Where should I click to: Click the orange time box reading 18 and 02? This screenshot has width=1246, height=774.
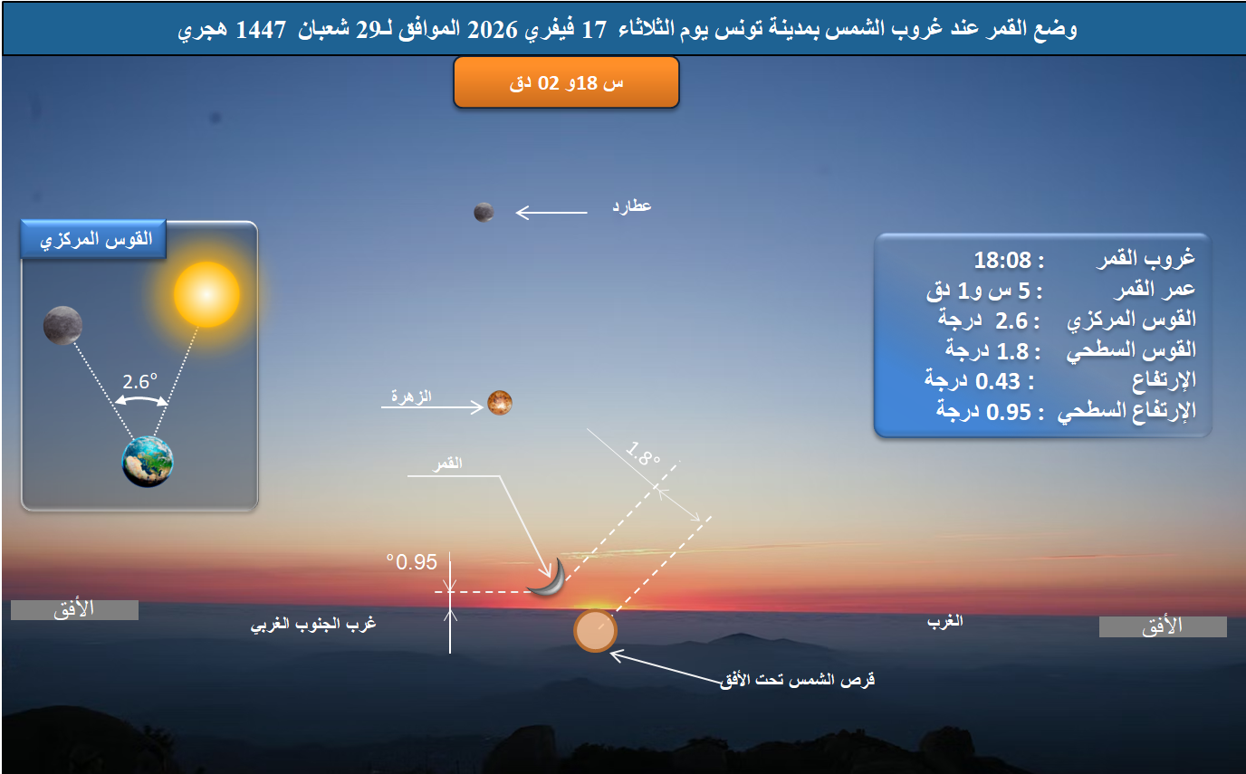(x=566, y=82)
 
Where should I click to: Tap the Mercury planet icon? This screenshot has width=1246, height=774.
(x=484, y=212)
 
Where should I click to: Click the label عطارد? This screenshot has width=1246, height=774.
(x=632, y=206)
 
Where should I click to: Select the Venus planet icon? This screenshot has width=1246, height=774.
(x=500, y=402)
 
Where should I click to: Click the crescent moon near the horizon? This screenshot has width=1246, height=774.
(x=550, y=578)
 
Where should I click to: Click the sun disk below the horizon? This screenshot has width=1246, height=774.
(x=595, y=631)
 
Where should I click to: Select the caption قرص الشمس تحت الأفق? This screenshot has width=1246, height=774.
(x=797, y=680)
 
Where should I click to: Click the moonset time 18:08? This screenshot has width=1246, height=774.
(x=1002, y=261)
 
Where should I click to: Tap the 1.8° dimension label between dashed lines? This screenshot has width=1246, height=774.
(x=643, y=454)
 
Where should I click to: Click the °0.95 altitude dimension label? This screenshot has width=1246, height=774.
(x=412, y=562)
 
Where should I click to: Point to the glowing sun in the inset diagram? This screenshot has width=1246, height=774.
(x=206, y=294)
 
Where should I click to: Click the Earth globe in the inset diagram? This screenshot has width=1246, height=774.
(x=148, y=461)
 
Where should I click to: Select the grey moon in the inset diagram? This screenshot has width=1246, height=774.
(x=62, y=325)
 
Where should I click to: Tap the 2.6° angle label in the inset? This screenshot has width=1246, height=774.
(x=140, y=382)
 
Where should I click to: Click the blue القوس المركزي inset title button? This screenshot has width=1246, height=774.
(x=93, y=242)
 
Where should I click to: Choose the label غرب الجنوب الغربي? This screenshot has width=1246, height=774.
(x=312, y=625)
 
